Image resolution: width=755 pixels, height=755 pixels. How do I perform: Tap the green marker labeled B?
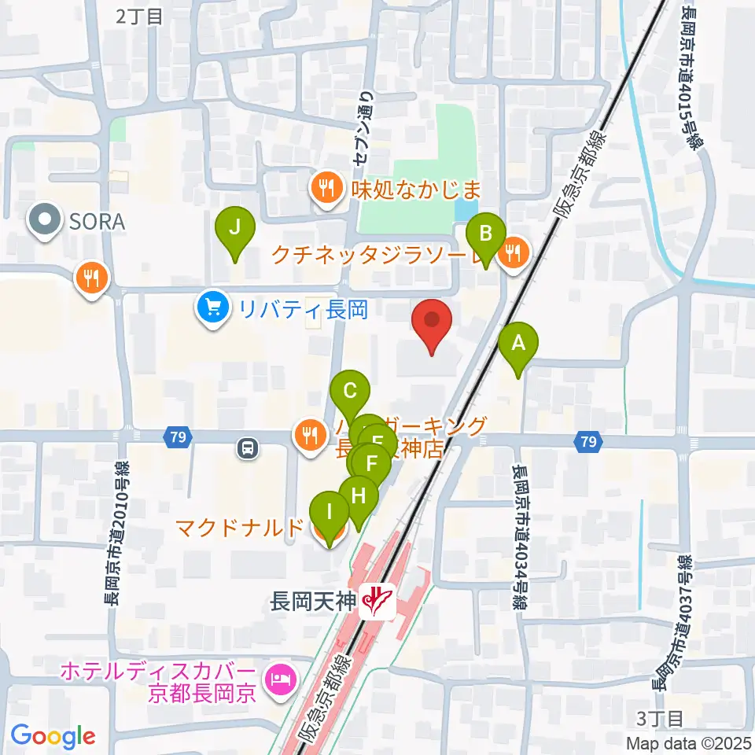pyautogui.click(x=486, y=234)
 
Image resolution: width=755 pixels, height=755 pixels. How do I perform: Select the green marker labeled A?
pyautogui.click(x=518, y=344)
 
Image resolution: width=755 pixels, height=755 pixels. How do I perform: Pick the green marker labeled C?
pyautogui.click(x=350, y=390)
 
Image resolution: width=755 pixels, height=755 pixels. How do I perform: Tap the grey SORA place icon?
pyautogui.click(x=45, y=221)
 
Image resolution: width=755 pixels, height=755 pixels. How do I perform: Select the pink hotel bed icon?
pyautogui.click(x=279, y=676)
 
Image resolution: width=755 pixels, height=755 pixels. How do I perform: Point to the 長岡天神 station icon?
pyautogui.click(x=374, y=602)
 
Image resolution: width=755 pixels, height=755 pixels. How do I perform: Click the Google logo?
pyautogui.click(x=53, y=736)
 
